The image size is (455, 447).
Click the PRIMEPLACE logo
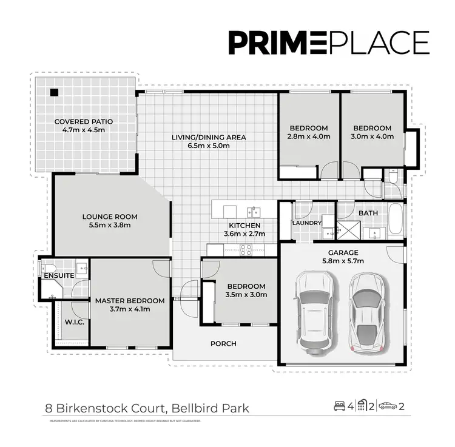tap(328, 42)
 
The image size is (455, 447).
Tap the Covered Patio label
tap(84, 126)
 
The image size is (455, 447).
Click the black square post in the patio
tap(54, 92)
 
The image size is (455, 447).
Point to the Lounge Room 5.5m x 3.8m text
tap(110, 221)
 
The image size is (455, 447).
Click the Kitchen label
tap(241, 229)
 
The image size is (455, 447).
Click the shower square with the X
tap(348, 230)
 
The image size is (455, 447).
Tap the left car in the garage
tap(314, 311)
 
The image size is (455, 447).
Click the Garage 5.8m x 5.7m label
tap(343, 257)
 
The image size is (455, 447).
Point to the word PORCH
tap(223, 344)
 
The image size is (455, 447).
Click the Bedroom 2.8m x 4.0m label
tap(309, 132)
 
